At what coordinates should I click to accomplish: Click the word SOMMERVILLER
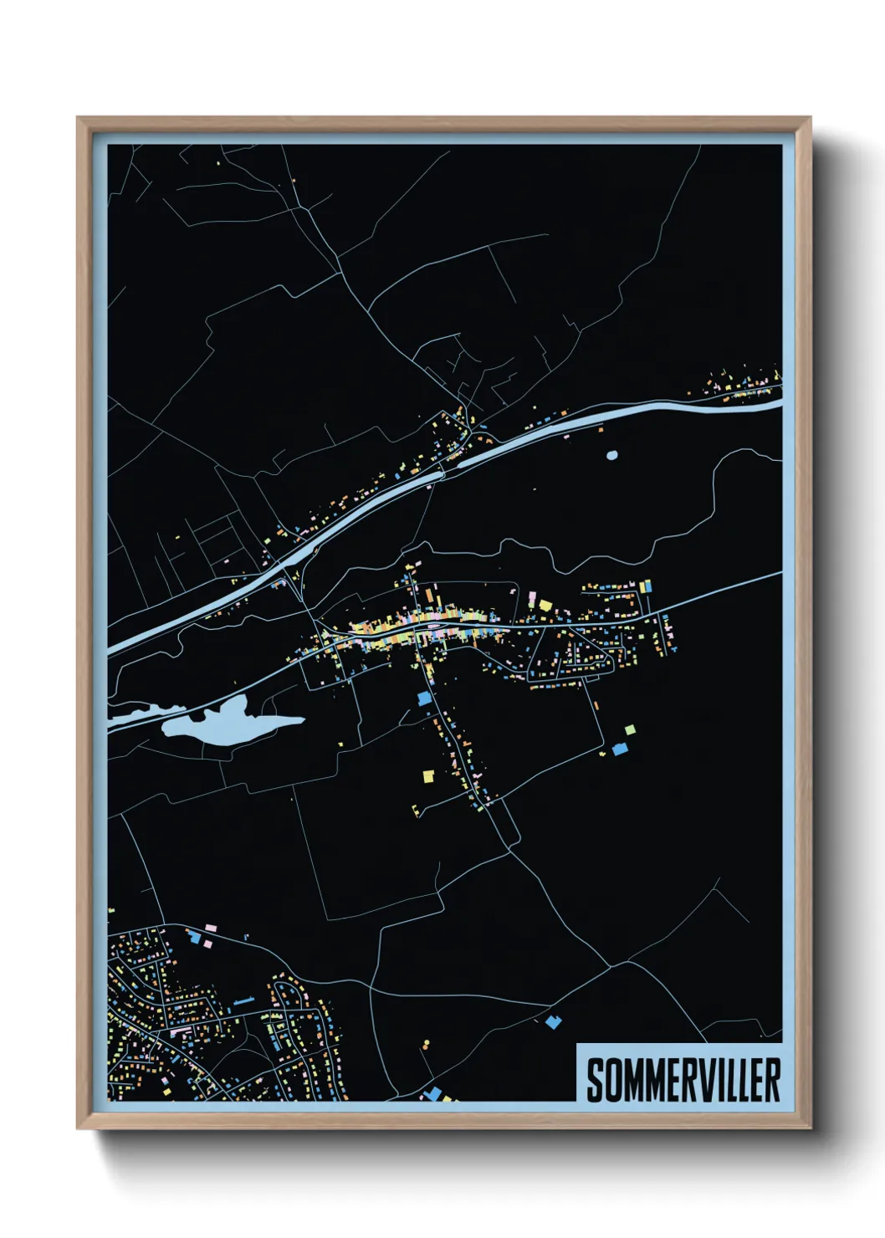tap(683, 1080)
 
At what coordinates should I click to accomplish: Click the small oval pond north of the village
tap(611, 456)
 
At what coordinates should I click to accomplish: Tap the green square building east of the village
tap(629, 730)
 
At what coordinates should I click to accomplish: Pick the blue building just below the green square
tap(620, 749)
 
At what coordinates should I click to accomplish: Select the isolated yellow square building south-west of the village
tap(427, 776)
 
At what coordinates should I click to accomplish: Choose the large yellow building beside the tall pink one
tap(545, 605)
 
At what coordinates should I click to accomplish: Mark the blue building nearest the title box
tap(551, 1021)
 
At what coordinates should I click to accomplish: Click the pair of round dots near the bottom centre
tap(426, 1045)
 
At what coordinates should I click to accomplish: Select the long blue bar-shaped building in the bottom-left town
tap(243, 1000)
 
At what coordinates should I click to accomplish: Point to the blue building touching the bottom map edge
tap(433, 1092)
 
